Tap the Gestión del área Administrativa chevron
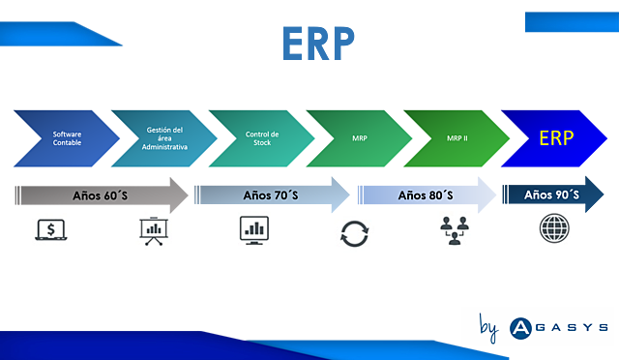click(x=162, y=137)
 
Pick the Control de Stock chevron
click(x=260, y=137)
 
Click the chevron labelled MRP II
click(x=456, y=137)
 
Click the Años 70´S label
click(x=270, y=195)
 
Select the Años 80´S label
click(x=426, y=195)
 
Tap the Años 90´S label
click(x=551, y=195)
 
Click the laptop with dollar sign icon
click(x=52, y=230)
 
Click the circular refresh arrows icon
click(x=353, y=233)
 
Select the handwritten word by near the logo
click(x=488, y=328)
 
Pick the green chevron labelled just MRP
click(x=359, y=137)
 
